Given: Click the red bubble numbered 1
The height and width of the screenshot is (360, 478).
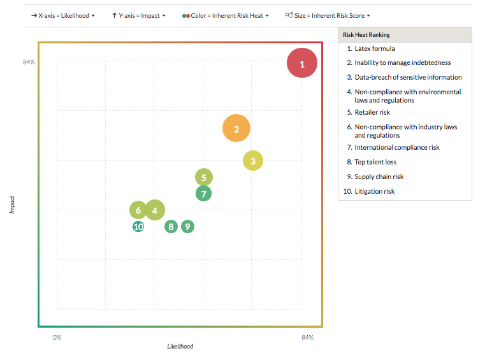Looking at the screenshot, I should click(302, 63).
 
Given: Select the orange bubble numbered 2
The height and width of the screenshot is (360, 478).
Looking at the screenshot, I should click(236, 129).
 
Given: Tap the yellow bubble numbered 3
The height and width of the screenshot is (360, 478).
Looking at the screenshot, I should click(253, 161).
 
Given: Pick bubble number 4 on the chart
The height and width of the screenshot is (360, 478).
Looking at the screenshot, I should click(154, 210).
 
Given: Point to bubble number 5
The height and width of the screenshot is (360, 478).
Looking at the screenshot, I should click(203, 178).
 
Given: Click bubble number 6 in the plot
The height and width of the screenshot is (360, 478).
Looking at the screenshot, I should click(138, 210).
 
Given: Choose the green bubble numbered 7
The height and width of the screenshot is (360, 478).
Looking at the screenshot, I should click(203, 194).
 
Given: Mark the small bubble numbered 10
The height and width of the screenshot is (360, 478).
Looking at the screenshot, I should click(138, 226).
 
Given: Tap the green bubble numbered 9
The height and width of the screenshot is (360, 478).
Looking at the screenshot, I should click(187, 226).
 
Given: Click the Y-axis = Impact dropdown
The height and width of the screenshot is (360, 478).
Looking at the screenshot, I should click(138, 15).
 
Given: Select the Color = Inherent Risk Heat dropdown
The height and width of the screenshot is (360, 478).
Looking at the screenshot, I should click(226, 15).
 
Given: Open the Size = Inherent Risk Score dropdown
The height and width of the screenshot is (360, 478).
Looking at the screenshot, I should click(328, 15).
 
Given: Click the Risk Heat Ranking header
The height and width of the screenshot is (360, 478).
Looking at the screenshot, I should click(366, 34).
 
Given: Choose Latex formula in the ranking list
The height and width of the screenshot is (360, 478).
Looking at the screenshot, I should click(375, 48).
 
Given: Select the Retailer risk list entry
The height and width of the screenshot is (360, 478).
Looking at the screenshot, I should click(372, 112).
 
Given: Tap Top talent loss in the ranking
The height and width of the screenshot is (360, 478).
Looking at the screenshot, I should click(375, 162).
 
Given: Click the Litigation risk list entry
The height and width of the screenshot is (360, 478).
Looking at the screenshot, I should click(375, 191).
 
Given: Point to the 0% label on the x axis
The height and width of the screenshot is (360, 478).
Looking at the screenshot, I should click(57, 337).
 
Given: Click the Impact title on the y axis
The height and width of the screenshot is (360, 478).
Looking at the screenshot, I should click(12, 205).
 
